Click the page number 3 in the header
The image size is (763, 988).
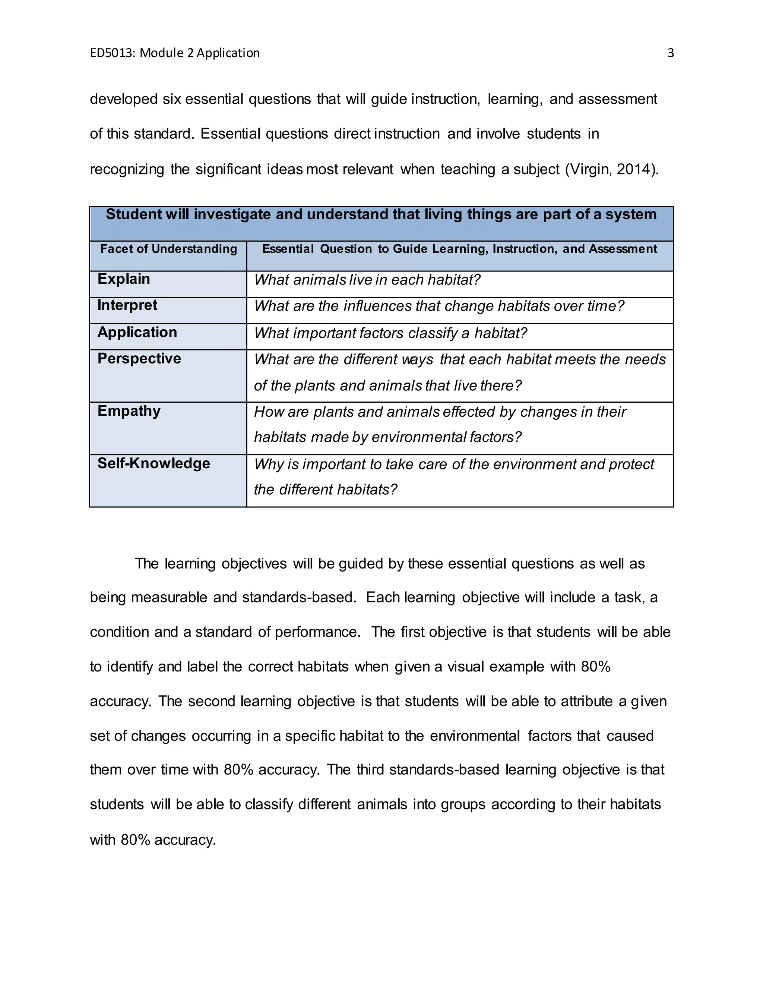(x=670, y=53)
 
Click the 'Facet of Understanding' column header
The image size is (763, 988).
(x=169, y=249)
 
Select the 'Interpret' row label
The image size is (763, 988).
(x=127, y=305)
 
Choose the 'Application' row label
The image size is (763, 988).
(x=137, y=332)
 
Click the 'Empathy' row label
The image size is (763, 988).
(x=129, y=411)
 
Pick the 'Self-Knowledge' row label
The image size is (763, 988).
(x=154, y=463)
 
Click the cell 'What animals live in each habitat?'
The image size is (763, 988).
(x=367, y=280)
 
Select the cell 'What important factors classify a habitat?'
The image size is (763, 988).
(x=390, y=333)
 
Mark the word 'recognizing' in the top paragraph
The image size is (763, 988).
(x=127, y=169)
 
